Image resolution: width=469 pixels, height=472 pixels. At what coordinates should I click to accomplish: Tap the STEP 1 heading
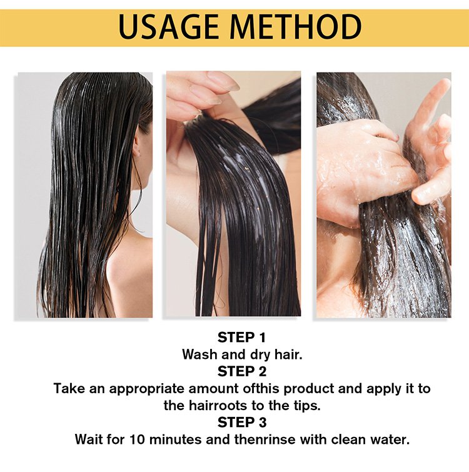pos(242,338)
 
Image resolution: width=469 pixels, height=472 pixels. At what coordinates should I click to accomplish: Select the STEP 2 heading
pos(242,371)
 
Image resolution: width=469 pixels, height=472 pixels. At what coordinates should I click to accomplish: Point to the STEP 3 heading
pos(242,423)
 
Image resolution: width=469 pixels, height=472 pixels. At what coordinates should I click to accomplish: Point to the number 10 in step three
pos(138,439)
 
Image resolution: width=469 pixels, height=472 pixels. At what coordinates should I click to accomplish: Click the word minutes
pos(175,439)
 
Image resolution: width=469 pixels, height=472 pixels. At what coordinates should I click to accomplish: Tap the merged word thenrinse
pos(265,439)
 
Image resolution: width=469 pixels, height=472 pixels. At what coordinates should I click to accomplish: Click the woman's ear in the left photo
pos(137,146)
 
